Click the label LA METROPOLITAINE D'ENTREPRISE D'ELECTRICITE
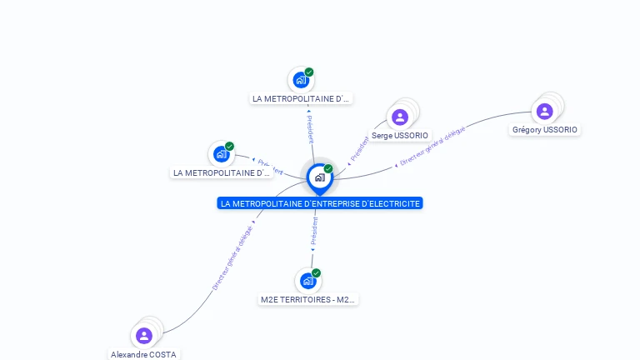pos(320,203)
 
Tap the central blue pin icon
pos(319,177)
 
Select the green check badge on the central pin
pos(328,169)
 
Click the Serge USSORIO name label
pos(400,135)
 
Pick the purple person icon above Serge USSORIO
pos(400,117)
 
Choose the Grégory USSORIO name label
pos(545,130)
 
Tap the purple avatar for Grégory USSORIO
pos(544,111)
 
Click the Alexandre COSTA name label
pos(144,354)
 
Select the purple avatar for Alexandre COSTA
pos(144,335)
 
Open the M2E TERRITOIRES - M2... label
pos(308,299)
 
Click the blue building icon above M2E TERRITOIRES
pos(307,281)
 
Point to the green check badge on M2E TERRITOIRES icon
pos(317,273)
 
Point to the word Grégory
pos(527,130)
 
